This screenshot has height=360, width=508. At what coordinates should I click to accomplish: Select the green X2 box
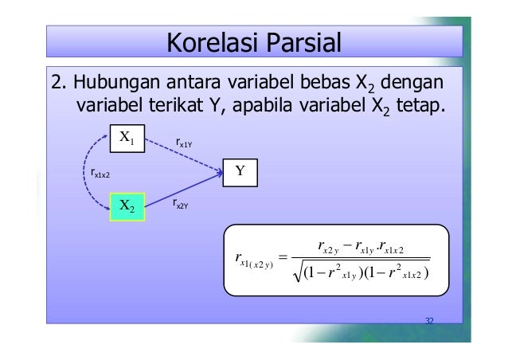point(127,206)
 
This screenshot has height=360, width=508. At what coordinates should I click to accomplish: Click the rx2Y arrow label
point(180,204)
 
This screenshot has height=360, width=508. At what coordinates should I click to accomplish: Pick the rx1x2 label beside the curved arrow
point(100,170)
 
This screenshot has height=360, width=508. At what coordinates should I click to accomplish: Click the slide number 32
point(429,321)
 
